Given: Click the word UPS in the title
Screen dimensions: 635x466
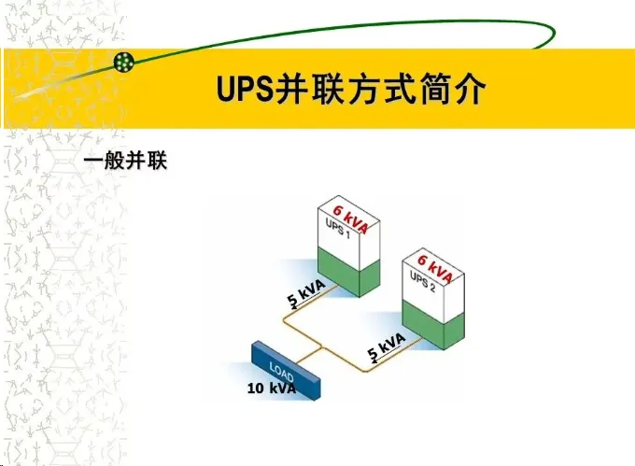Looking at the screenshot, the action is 242,90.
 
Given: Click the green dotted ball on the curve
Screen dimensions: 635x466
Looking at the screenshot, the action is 123,63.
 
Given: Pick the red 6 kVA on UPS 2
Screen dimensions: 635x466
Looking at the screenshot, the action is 435,268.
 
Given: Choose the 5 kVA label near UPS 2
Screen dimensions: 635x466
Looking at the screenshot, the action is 386,346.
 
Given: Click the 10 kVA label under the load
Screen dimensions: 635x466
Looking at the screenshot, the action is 272,388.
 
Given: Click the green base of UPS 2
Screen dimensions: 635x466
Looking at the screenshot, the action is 433,328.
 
